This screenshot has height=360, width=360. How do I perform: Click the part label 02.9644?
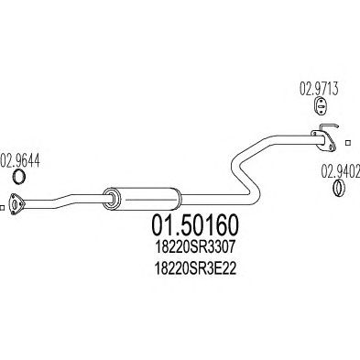21,161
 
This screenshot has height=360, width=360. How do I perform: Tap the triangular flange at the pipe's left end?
16,203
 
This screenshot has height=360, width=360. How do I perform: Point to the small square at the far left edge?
2,208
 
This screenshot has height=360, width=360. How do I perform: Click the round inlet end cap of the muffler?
111,199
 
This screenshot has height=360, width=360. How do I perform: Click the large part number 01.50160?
194,226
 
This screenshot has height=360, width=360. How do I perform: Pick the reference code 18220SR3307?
195,247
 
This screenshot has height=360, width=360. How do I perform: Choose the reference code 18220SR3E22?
195,268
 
